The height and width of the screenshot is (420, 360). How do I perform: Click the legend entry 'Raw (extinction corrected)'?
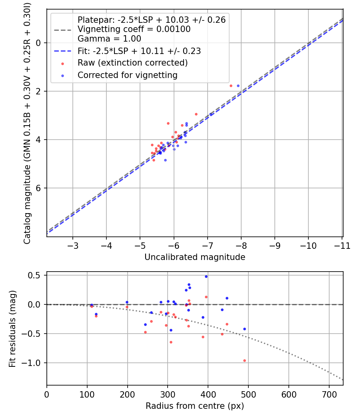132,63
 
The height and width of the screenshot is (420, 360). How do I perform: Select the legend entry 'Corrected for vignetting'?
127,75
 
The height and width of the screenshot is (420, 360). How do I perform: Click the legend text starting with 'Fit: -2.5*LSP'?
139,51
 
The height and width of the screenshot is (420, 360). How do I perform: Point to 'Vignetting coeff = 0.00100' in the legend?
134,29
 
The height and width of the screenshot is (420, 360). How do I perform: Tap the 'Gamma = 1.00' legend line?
109,39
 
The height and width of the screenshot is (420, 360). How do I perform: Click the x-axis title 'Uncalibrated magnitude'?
195,257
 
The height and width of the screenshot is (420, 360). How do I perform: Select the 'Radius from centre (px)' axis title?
195,406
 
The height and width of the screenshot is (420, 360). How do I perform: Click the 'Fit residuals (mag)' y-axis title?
12,328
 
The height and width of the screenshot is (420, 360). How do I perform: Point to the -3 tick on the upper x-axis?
72,246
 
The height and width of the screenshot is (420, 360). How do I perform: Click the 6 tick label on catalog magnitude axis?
38,188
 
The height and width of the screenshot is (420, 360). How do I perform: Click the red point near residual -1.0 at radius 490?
244,360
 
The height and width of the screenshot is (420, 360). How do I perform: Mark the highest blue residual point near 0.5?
206,276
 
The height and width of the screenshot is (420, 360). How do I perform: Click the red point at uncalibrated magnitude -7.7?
231,86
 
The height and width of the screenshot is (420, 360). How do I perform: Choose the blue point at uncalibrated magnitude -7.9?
238,86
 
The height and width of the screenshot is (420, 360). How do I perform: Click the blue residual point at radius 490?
244,329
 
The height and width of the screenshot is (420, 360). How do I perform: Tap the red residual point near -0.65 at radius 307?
171,342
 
